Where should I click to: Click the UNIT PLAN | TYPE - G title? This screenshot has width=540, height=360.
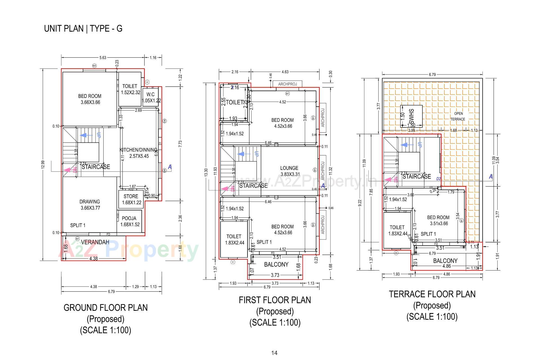[x=83, y=29]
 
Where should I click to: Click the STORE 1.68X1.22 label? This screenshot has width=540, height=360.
[x=131, y=199]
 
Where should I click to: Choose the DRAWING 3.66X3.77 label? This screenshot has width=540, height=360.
[x=90, y=205]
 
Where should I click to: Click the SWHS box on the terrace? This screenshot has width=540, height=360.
[x=411, y=116]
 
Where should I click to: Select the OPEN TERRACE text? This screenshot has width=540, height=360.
[x=458, y=116]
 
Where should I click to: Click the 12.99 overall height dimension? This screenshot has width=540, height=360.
[x=43, y=165]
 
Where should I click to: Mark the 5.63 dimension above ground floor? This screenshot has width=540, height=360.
[x=103, y=58]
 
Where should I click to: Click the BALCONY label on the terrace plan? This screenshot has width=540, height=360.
[x=445, y=261]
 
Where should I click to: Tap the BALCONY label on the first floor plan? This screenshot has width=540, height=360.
[x=276, y=264]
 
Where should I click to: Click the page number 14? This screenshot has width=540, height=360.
[x=274, y=353]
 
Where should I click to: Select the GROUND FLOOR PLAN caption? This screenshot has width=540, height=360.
[x=105, y=308]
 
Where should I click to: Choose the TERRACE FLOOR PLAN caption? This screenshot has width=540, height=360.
[x=432, y=294]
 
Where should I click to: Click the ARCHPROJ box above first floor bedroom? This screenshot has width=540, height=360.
[x=287, y=84]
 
